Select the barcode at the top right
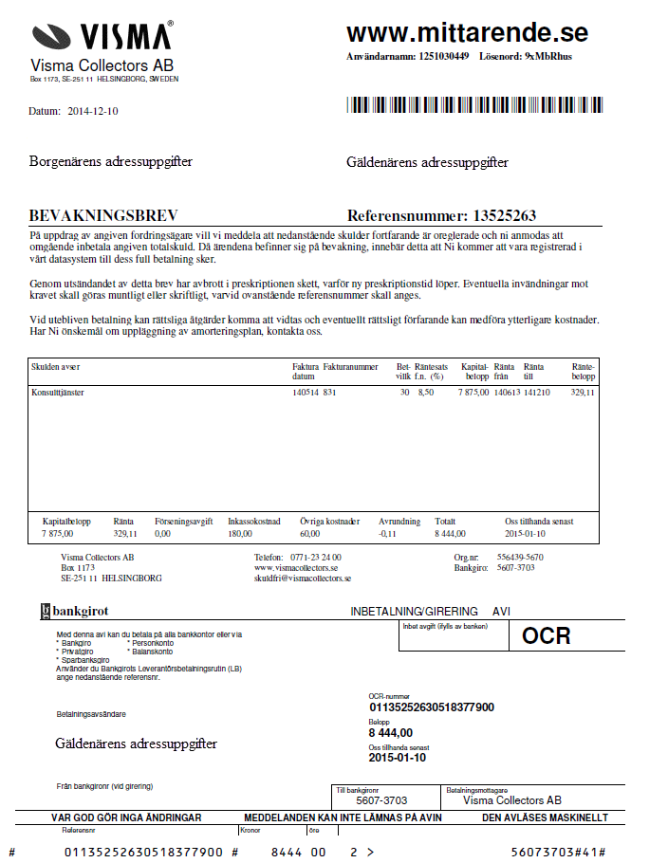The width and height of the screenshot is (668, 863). tap(473, 105)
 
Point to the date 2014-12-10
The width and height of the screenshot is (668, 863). tap(93, 111)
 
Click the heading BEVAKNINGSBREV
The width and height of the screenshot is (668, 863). tap(103, 215)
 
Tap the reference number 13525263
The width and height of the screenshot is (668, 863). tap(505, 215)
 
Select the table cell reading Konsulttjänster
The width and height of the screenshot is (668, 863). tap(58, 391)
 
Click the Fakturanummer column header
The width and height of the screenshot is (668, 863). tap(350, 366)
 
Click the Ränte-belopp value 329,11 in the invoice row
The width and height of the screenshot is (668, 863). tap(583, 391)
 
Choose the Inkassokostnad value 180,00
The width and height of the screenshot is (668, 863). tap(242, 534)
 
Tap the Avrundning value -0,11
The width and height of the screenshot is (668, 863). tap(387, 534)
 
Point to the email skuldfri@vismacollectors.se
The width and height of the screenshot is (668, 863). tap(303, 578)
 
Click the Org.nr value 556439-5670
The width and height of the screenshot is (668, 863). tap(520, 557)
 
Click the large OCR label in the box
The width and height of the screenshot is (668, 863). tap(546, 635)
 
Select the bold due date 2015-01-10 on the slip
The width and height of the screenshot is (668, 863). tap(398, 758)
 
